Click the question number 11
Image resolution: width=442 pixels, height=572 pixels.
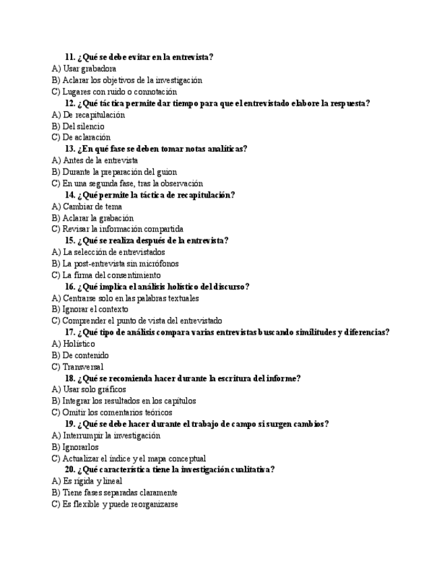click(70, 57)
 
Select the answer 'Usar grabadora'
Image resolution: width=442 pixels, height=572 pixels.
click(89, 69)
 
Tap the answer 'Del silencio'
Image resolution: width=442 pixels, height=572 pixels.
click(83, 126)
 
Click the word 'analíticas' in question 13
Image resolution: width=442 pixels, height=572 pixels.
click(222, 149)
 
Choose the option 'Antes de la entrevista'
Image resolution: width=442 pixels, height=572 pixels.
click(100, 161)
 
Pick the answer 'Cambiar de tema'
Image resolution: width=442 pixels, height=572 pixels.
click(92, 206)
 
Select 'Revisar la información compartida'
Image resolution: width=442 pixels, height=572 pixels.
click(122, 229)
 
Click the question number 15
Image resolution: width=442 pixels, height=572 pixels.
click(70, 241)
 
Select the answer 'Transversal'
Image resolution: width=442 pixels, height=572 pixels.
click(83, 367)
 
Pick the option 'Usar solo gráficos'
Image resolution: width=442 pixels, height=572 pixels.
click(95, 389)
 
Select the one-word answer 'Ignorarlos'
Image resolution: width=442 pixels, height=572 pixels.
click(80, 447)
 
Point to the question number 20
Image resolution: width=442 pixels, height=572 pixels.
click(70, 469)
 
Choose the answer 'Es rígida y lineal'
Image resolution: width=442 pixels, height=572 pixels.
click(94, 481)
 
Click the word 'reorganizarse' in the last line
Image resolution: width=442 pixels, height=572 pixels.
click(152, 504)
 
